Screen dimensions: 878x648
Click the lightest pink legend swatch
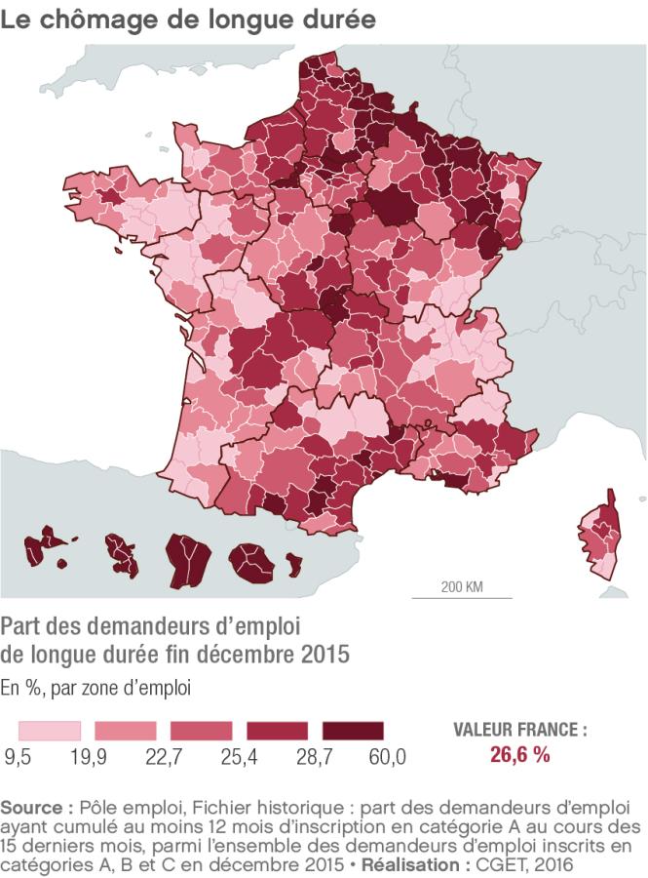point(49,731)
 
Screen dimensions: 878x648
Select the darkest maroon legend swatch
point(354,731)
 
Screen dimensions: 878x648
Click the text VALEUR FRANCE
point(520,730)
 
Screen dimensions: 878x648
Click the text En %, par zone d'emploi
point(95,687)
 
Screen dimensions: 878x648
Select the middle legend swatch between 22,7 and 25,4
point(201,731)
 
